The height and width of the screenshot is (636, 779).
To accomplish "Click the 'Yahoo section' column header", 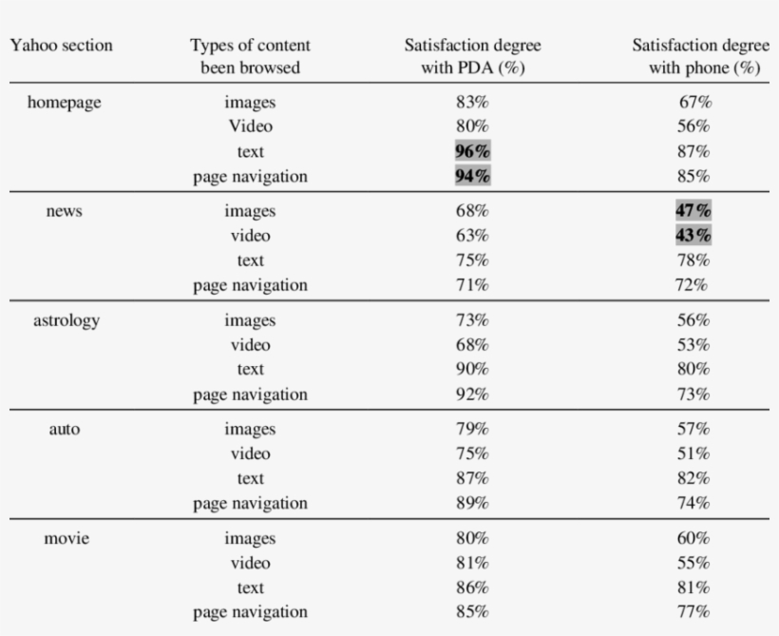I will click(61, 46).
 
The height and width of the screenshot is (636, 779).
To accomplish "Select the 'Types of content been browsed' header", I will click(250, 57).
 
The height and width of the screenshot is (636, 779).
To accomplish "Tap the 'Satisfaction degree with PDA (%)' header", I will click(472, 57).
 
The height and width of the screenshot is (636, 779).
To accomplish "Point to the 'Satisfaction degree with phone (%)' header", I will click(701, 57).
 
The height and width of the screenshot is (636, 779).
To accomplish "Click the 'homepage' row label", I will click(65, 103).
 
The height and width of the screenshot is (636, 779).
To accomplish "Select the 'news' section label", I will click(65, 211).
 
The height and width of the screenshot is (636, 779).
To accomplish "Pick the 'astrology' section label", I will click(66, 320).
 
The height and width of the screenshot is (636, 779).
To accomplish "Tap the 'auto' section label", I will click(65, 430).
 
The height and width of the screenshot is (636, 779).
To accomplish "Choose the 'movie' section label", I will click(66, 539).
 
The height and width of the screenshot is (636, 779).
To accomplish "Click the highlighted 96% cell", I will click(472, 151).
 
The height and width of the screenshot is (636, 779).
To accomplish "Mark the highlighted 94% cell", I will click(472, 176).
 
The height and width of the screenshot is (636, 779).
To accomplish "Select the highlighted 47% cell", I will click(693, 211).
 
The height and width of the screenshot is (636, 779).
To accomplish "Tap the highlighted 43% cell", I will click(693, 236).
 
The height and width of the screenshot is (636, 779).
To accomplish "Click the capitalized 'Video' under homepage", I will click(250, 126).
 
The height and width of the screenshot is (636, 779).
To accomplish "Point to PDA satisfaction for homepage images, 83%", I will click(472, 103).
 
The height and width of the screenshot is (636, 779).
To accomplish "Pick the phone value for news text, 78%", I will click(693, 260).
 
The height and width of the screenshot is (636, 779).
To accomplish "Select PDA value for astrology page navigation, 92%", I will click(472, 395).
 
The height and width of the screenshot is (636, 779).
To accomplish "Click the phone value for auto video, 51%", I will click(693, 454).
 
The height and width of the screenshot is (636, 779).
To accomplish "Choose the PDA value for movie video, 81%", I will click(472, 564).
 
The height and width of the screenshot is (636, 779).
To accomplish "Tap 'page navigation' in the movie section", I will click(250, 612).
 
